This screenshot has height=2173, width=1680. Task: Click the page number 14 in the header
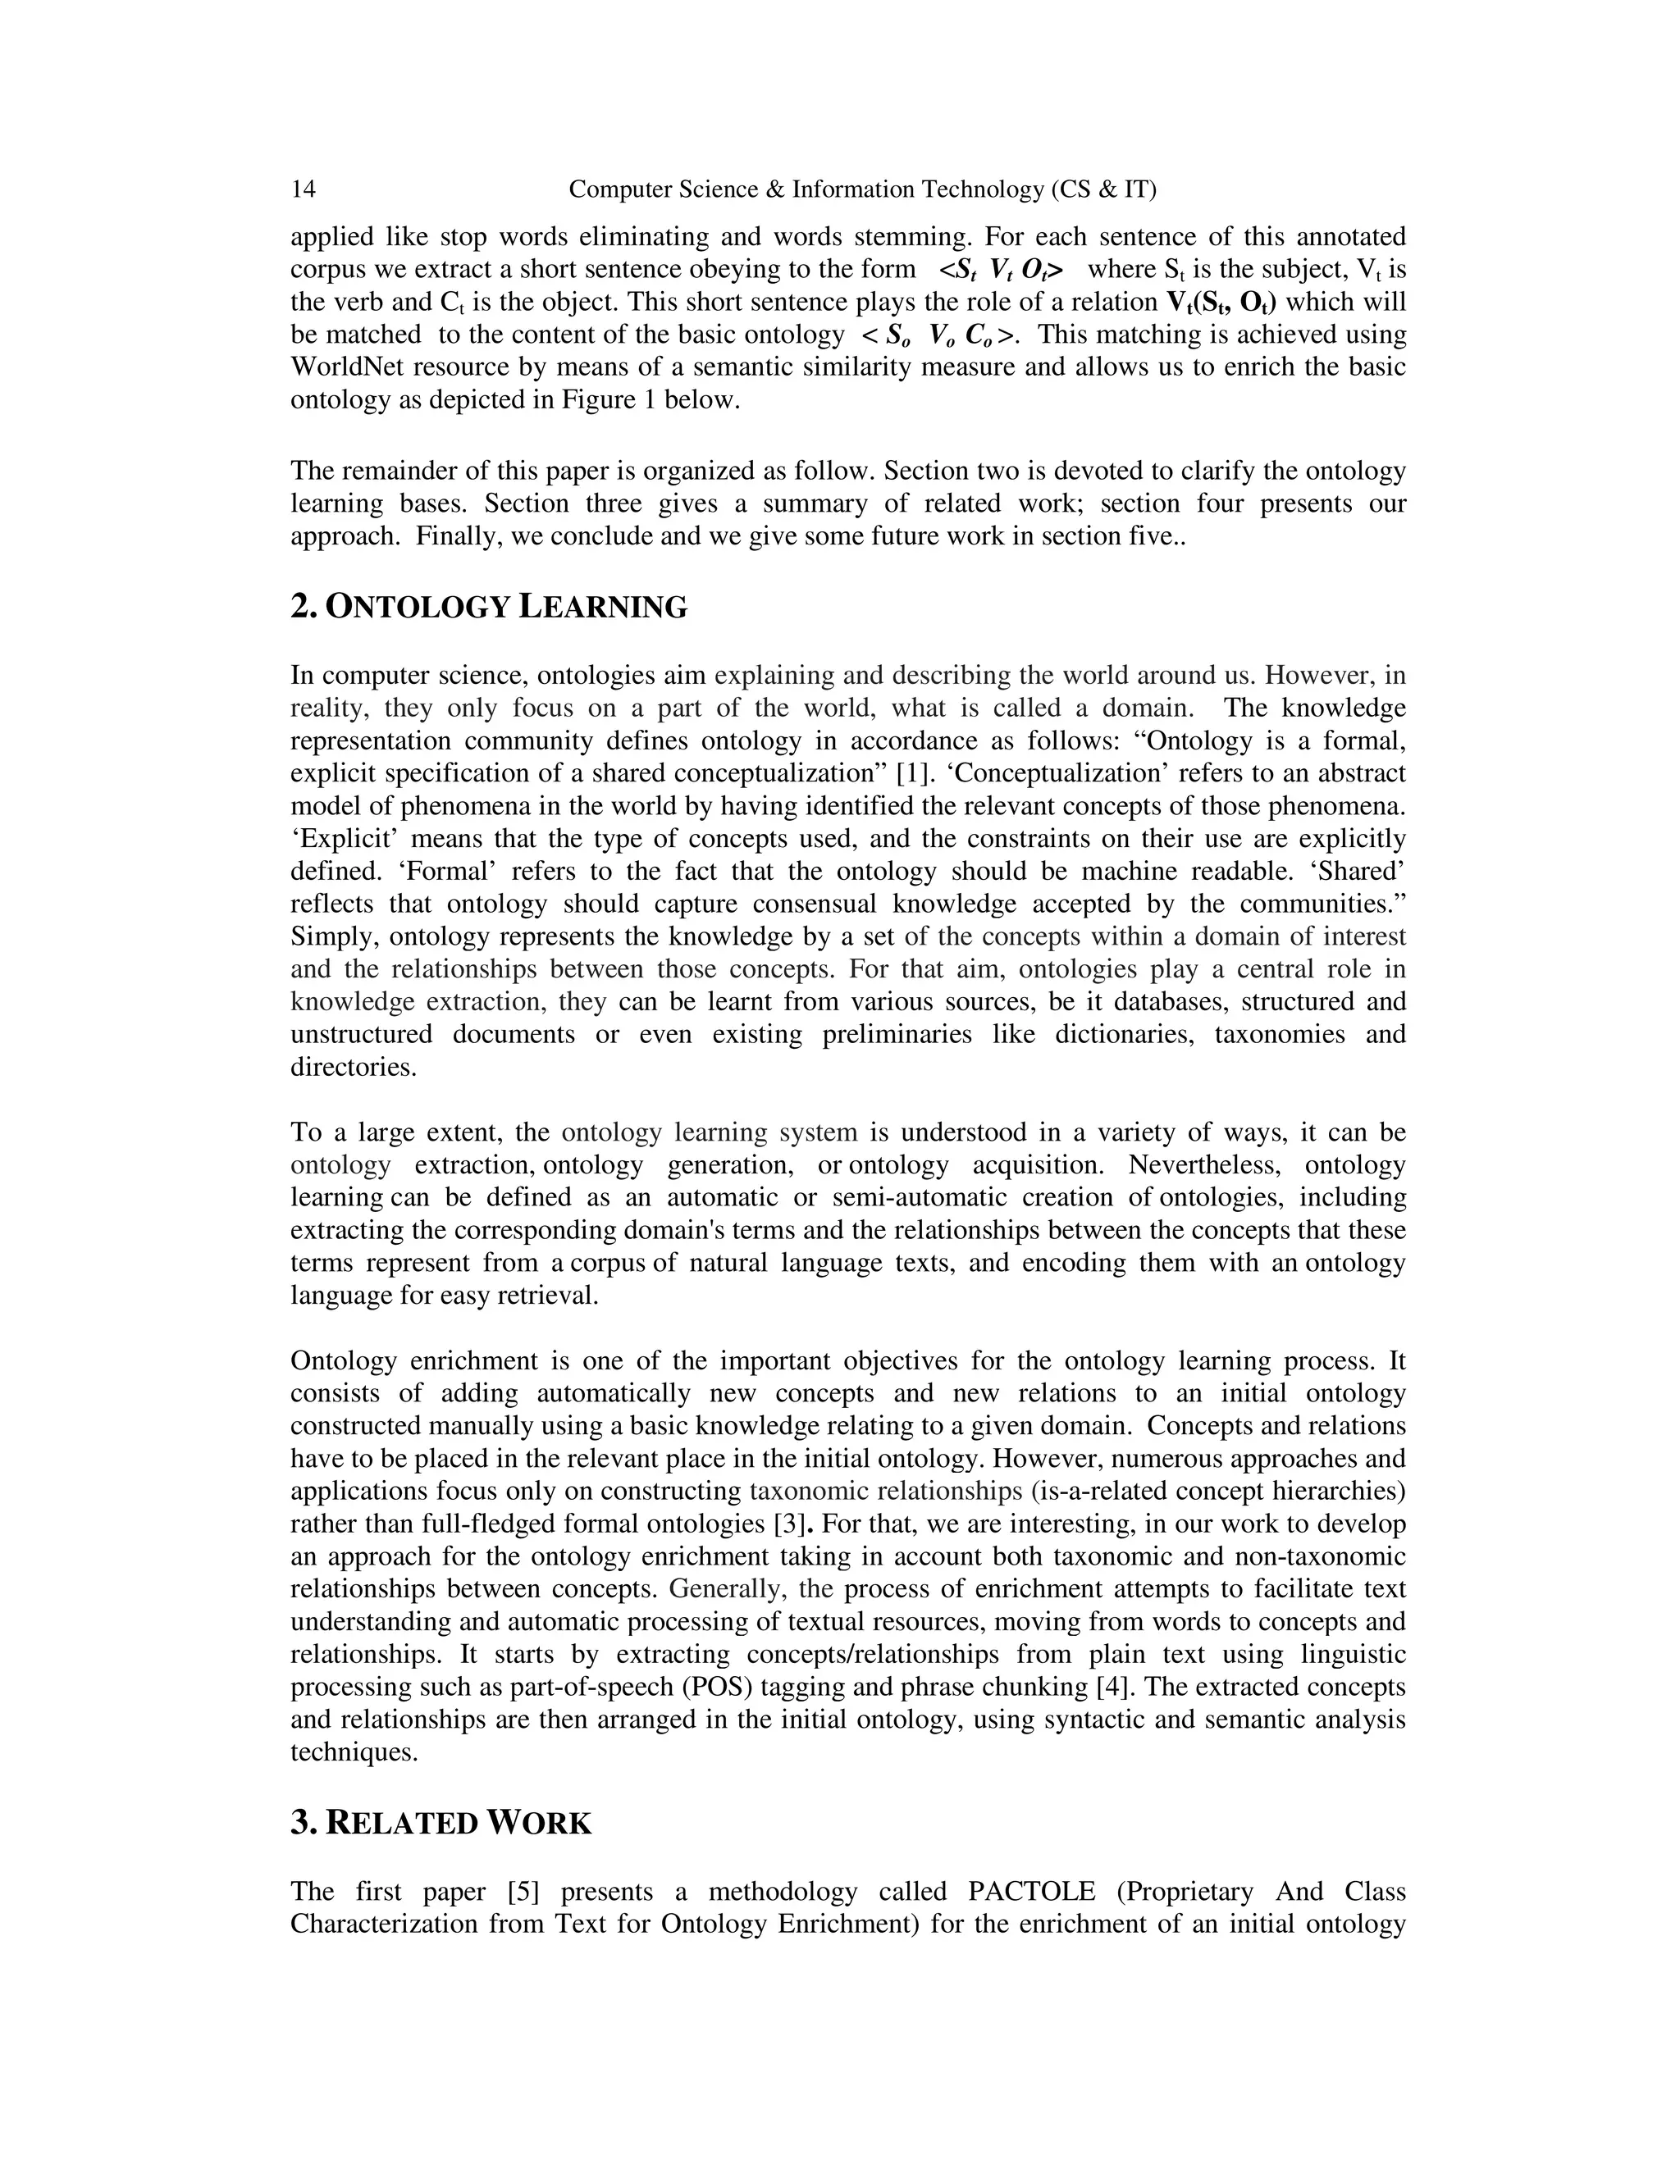(x=304, y=189)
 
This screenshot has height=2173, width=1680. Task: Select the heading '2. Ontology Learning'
(x=489, y=606)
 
